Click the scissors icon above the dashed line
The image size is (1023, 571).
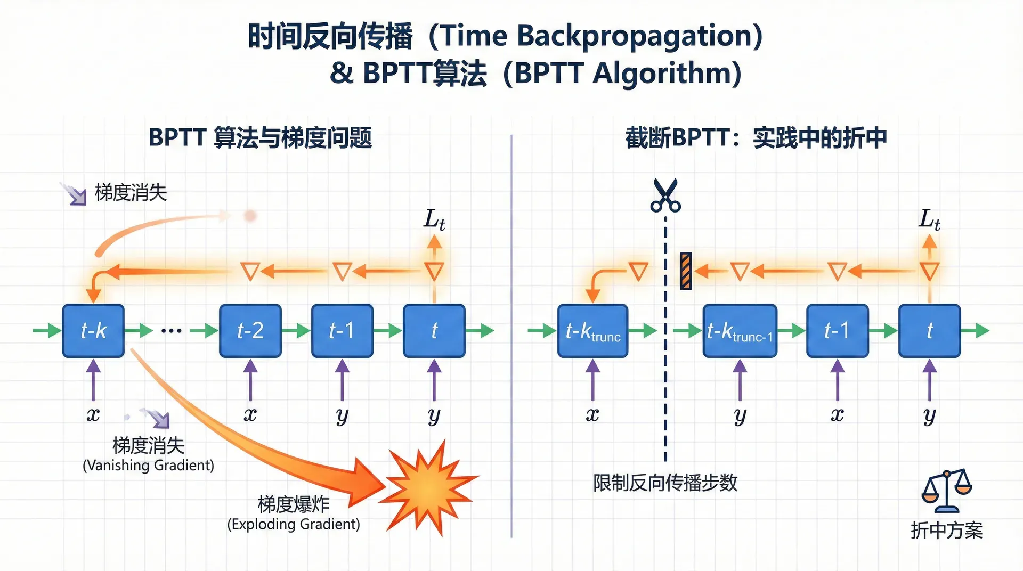click(x=665, y=195)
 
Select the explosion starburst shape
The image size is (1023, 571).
click(x=429, y=487)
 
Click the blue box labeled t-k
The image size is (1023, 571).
click(x=93, y=331)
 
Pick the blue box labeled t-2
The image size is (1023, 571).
click(x=250, y=331)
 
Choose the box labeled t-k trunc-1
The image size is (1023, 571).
click(x=740, y=331)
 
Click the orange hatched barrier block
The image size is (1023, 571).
click(x=686, y=271)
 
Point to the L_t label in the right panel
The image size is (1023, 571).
click(x=929, y=219)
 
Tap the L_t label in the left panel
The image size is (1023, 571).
click(x=434, y=219)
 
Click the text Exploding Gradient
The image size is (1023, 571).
click(x=294, y=524)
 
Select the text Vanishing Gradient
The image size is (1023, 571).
click(x=148, y=466)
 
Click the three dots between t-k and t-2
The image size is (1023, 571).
click(x=171, y=331)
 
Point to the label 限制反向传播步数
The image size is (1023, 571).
click(x=665, y=483)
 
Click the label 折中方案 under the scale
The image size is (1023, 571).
click(x=946, y=531)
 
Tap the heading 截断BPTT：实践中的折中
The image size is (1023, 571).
click(x=756, y=138)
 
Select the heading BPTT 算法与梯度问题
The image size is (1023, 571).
click(x=260, y=138)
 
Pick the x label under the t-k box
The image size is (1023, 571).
click(x=93, y=414)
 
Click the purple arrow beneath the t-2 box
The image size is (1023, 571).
click(x=250, y=379)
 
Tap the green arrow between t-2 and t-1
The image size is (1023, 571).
click(x=296, y=331)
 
